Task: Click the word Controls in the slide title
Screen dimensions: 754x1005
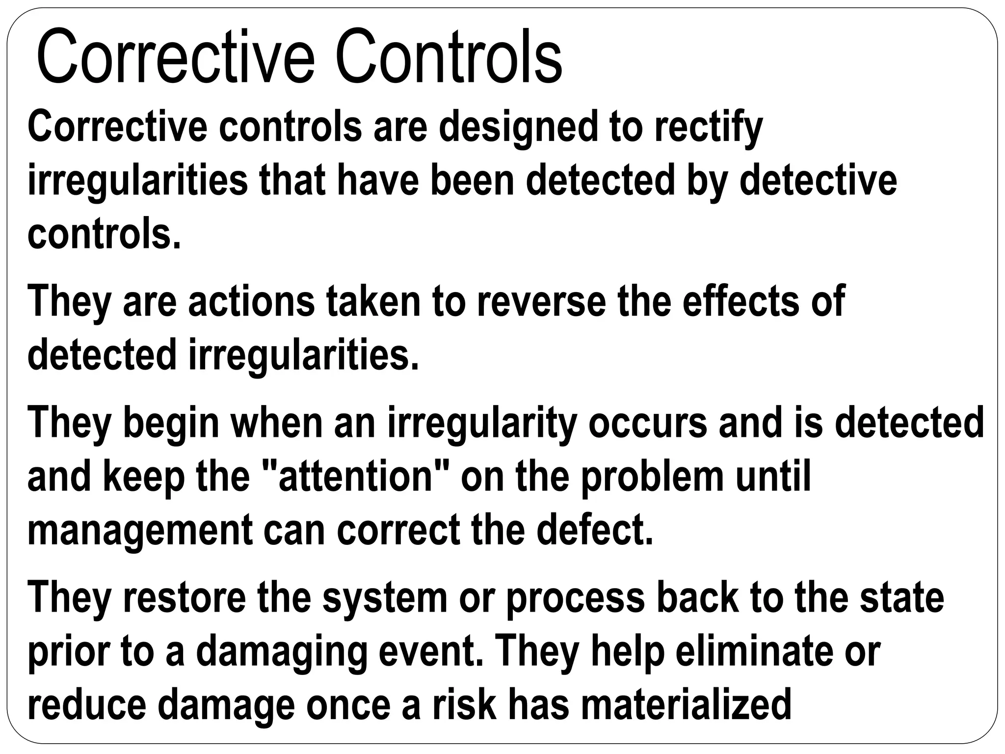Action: pyautogui.click(x=449, y=57)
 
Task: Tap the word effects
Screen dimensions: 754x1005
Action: pyautogui.click(x=741, y=301)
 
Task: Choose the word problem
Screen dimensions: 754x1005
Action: pyautogui.click(x=653, y=477)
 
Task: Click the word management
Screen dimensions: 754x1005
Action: pyautogui.click(x=140, y=531)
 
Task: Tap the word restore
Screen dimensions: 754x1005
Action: pyautogui.click(x=185, y=597)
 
